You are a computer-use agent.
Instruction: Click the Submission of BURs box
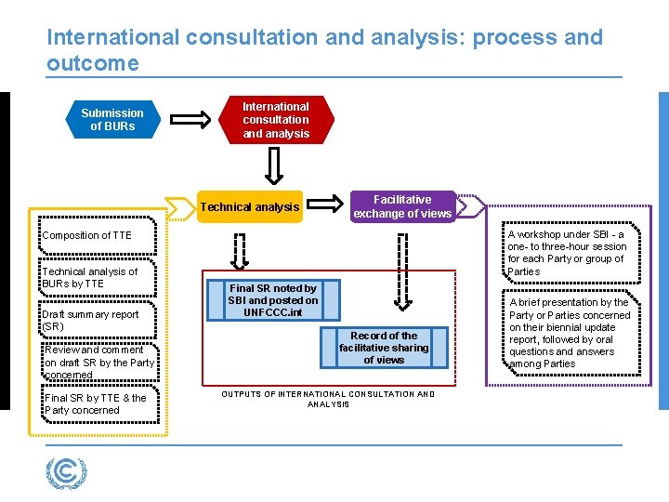tap(111, 120)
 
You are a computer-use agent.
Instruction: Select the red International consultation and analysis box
tap(275, 120)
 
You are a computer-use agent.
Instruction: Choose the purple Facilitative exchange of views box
tap(401, 206)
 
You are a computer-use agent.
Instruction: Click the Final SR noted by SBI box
tap(272, 300)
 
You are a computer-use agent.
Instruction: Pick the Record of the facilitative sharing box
tap(384, 348)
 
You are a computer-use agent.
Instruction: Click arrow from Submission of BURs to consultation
tap(193, 120)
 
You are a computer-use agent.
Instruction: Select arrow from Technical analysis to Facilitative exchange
tap(324, 201)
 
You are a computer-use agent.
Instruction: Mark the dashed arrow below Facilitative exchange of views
tap(402, 270)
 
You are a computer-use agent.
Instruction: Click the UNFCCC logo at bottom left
tap(66, 472)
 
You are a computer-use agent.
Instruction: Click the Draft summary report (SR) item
tap(90, 321)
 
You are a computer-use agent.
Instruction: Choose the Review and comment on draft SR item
tap(99, 363)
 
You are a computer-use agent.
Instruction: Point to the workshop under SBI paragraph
tap(566, 253)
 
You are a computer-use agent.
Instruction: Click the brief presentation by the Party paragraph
tap(568, 333)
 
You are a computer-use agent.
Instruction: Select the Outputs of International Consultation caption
tap(328, 399)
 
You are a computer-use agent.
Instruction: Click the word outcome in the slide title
tap(93, 63)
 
